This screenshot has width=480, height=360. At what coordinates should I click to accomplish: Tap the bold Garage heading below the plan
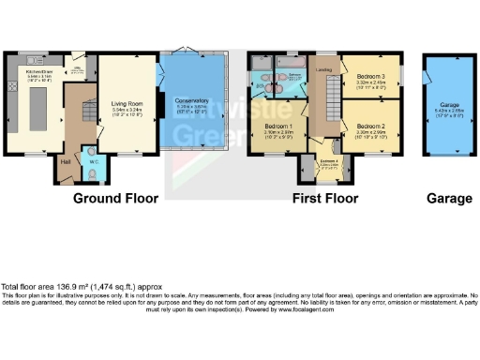pyautogui.click(x=445, y=200)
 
